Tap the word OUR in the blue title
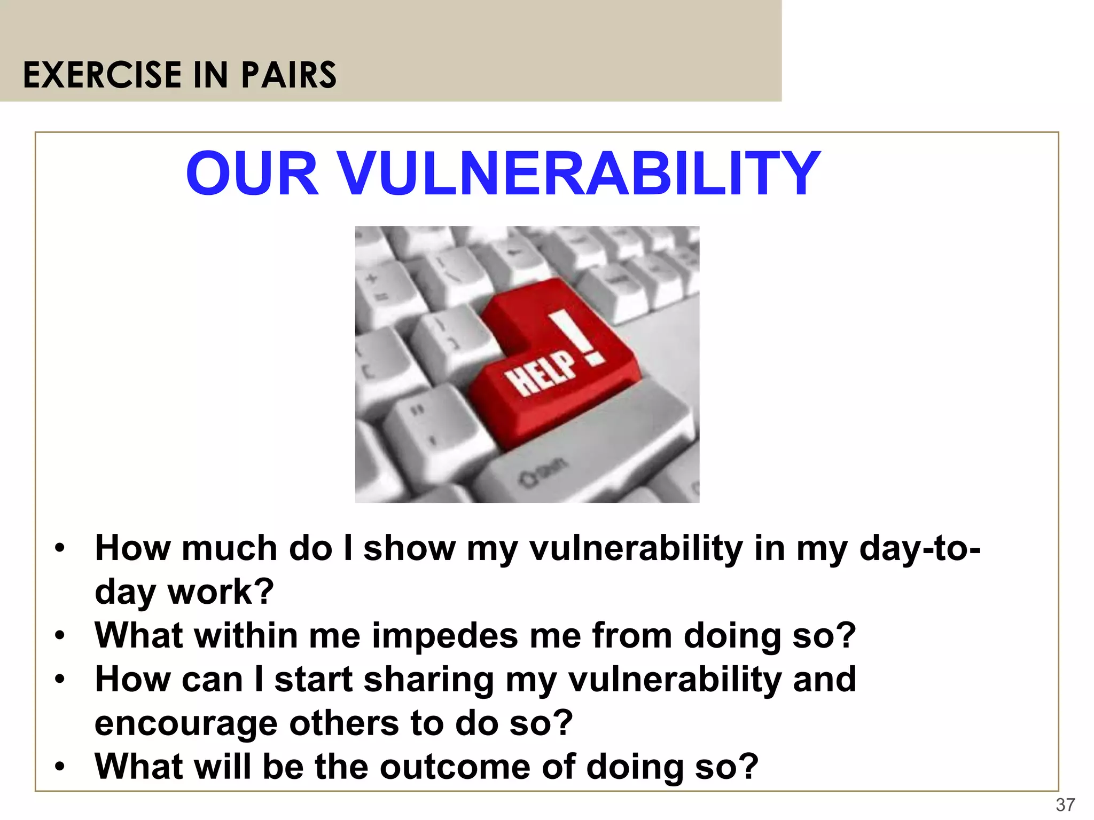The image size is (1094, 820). tap(253, 174)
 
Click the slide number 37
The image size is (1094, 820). tap(1065, 805)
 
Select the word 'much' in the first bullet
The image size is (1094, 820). tap(230, 548)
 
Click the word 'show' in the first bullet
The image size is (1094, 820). tap(409, 548)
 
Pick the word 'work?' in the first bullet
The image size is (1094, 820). tap(221, 592)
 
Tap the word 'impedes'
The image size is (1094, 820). tap(444, 636)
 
